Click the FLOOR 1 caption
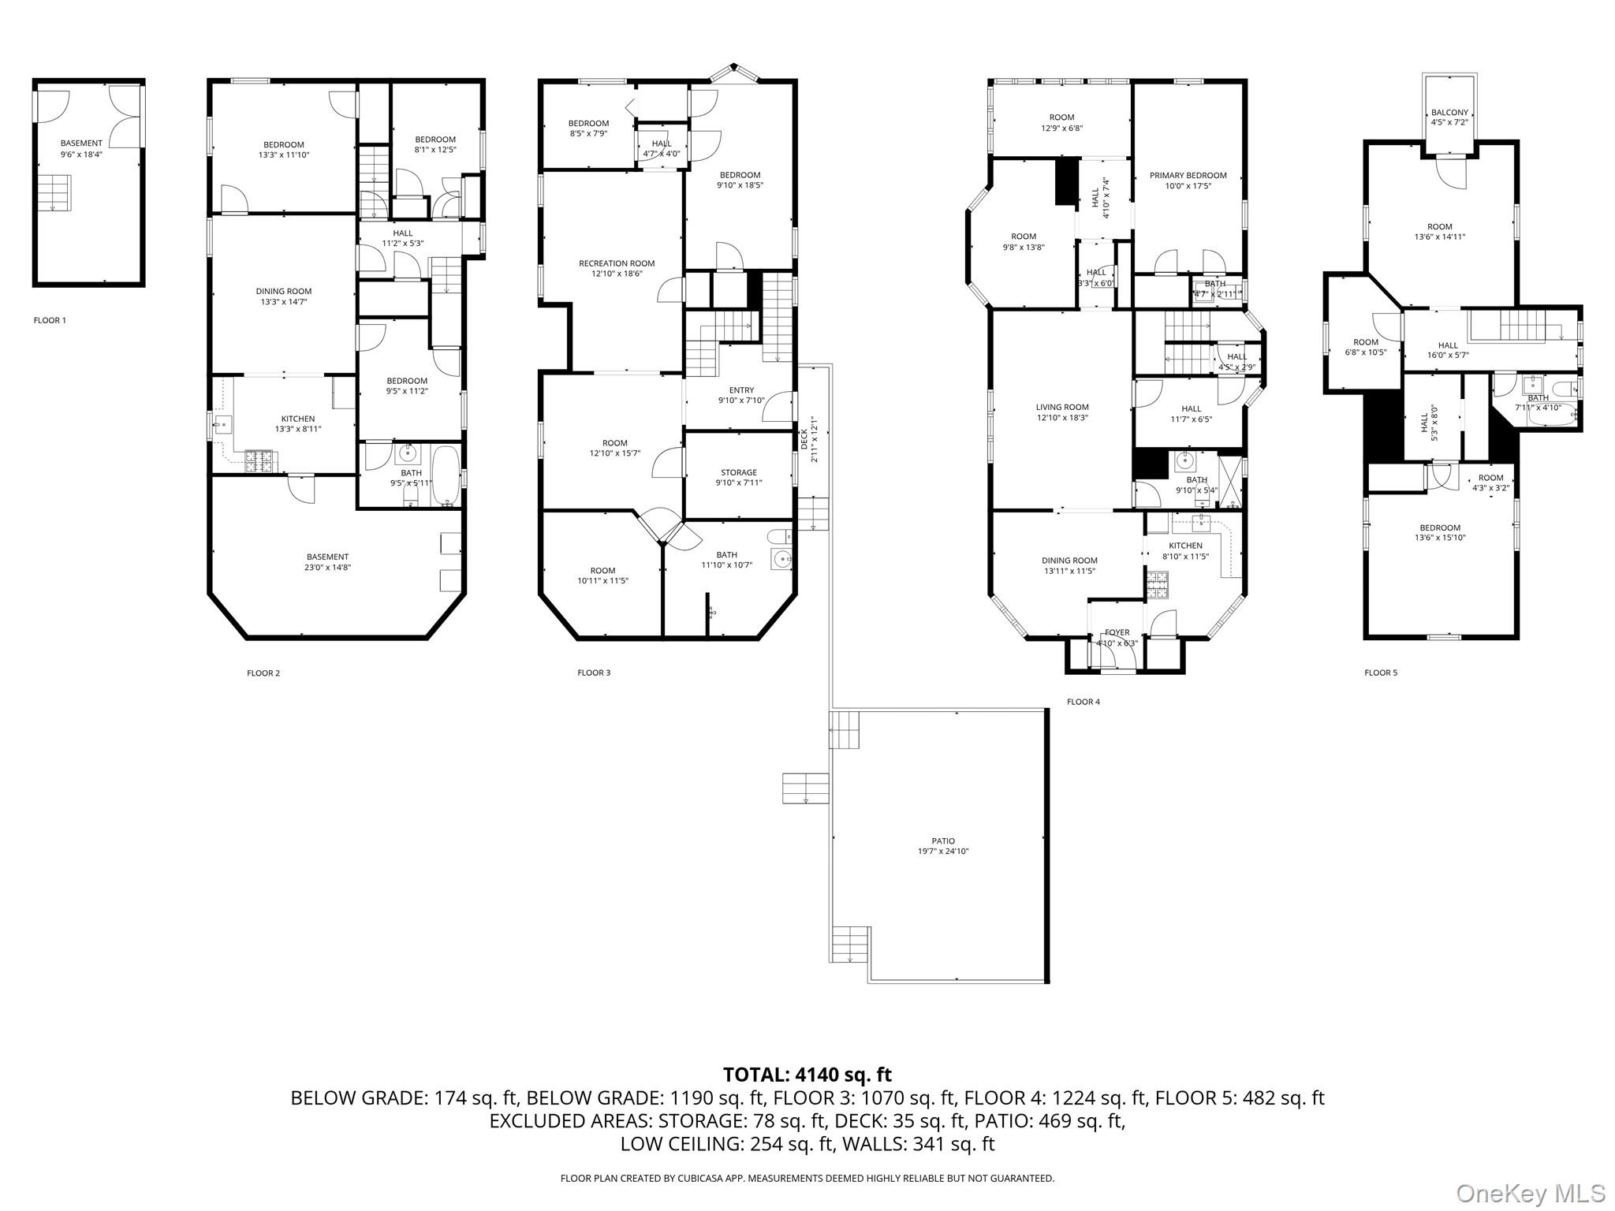(x=50, y=320)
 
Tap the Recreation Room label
(x=617, y=263)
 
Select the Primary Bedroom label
(x=1188, y=176)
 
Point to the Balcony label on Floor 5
(x=1449, y=113)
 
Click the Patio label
(x=942, y=841)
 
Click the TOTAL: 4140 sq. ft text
(x=807, y=1075)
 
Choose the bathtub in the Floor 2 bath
(x=446, y=476)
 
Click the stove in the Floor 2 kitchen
(x=259, y=461)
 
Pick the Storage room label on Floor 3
(x=738, y=472)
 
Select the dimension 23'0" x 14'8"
(x=327, y=567)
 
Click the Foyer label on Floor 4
(x=1117, y=632)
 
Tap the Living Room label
(x=1062, y=408)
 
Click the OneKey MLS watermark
(x=1531, y=1193)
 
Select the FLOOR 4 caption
(x=1083, y=702)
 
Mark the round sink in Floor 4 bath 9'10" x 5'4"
(x=1184, y=460)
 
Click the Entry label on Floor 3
(x=741, y=390)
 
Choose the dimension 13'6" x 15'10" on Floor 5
(x=1440, y=538)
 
